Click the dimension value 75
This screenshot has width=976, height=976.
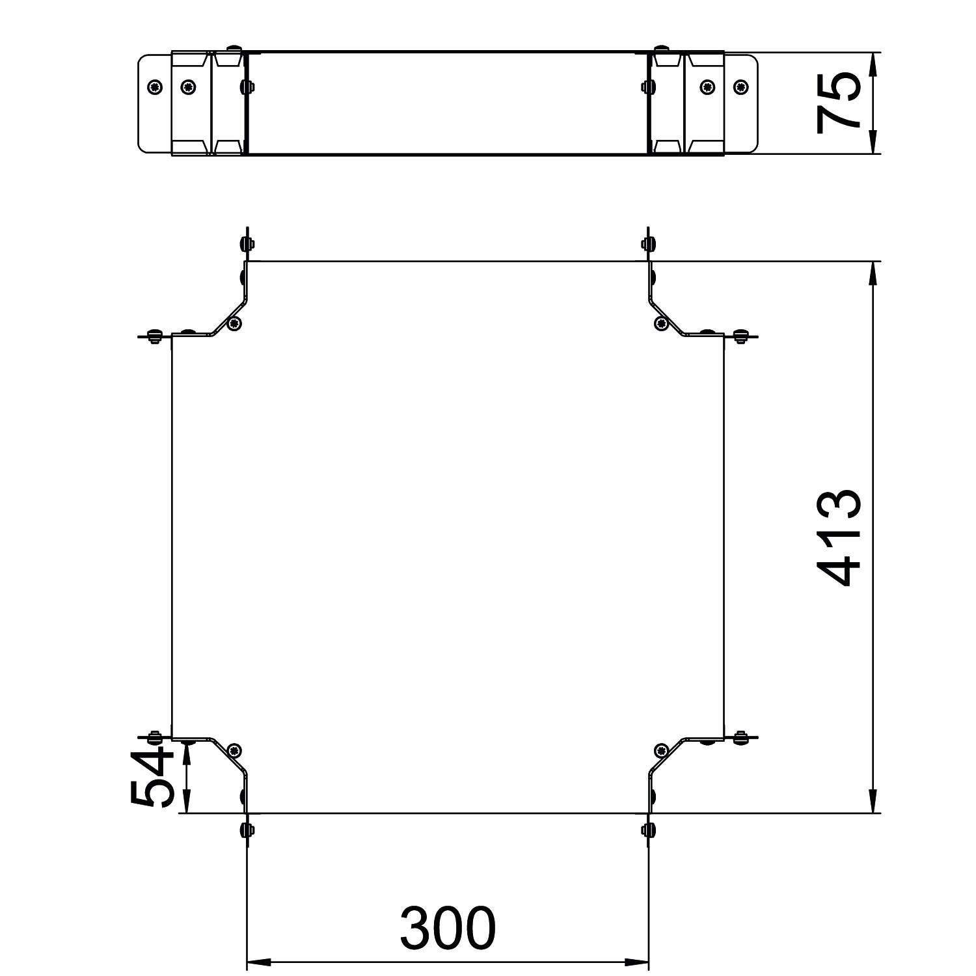coord(839,102)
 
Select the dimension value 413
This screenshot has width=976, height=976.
coord(839,537)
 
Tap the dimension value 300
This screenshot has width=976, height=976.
coord(448,927)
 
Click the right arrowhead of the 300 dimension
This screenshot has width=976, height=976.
coord(637,962)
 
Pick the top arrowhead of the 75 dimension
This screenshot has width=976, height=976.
coord(873,64)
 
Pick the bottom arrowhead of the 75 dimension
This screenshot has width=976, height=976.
coord(873,142)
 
